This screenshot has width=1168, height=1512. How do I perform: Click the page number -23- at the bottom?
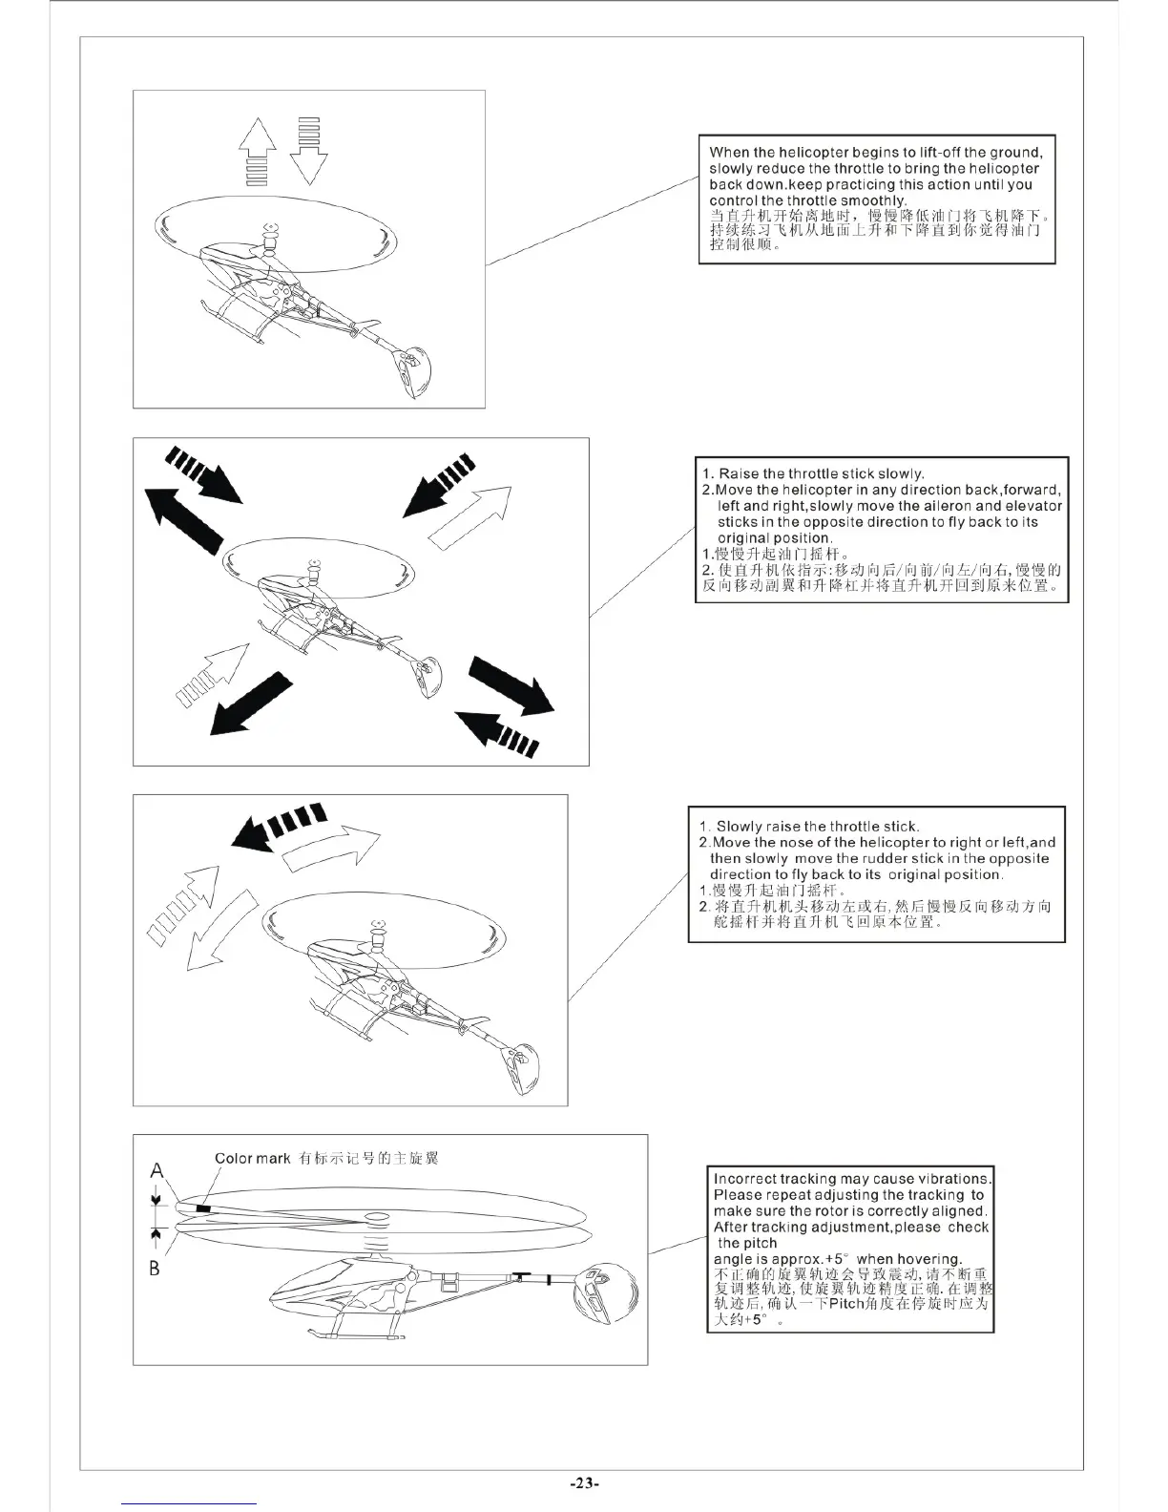[x=584, y=1482]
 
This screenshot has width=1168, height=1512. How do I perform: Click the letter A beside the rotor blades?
[x=156, y=1170]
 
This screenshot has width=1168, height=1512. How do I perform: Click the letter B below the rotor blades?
[x=155, y=1269]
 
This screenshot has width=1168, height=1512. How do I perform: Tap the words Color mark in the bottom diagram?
[x=252, y=1159]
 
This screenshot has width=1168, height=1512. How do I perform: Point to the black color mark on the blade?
[x=202, y=1208]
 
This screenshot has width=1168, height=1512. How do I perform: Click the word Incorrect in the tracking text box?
[x=745, y=1179]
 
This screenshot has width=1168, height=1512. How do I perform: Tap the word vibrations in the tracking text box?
[x=956, y=1179]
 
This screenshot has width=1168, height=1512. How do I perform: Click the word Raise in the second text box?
[x=739, y=473]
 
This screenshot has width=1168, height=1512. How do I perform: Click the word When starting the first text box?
[x=729, y=152]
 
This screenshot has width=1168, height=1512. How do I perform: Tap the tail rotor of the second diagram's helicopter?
[x=426, y=675]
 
